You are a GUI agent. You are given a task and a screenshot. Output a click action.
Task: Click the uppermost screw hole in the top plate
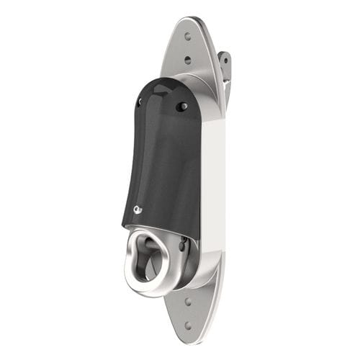(x=188, y=34)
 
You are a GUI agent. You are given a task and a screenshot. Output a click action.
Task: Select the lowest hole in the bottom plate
(x=189, y=325)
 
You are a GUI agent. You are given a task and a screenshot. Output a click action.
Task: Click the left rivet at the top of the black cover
(x=139, y=102)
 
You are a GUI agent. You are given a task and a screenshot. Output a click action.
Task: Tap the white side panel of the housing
(x=212, y=187)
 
